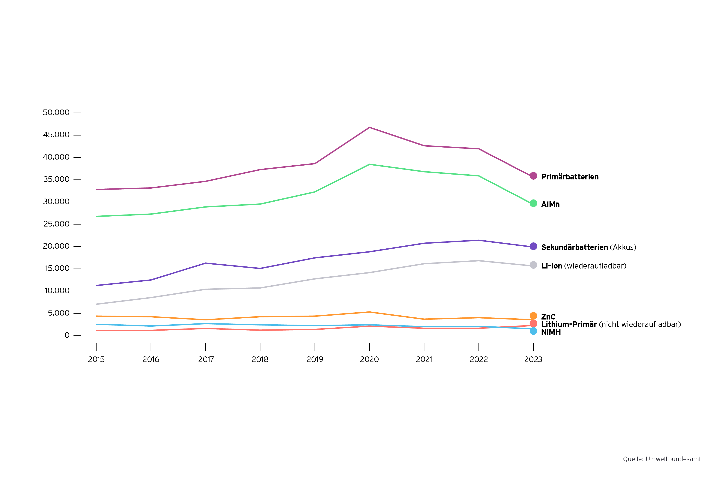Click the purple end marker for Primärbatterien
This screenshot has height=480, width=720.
pos(533,176)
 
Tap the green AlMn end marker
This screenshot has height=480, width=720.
pos(533,203)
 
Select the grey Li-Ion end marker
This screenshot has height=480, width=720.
pos(533,265)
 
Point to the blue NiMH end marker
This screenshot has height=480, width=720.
pos(533,331)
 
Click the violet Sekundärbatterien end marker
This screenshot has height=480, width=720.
pos(533,246)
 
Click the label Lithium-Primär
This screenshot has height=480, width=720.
pos(569,324)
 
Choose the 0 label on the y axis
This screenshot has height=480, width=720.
pos(67,335)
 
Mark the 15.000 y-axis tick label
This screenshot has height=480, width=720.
pos(57,268)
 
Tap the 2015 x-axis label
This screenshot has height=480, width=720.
pos(96,359)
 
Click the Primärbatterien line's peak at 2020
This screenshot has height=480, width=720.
pos(370,127)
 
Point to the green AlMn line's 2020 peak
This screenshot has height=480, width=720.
pos(370,164)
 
